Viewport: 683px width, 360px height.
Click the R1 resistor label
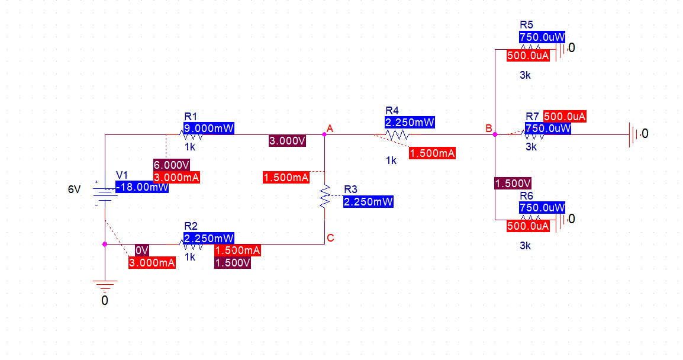[191, 116]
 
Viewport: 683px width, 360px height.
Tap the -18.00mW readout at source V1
[142, 187]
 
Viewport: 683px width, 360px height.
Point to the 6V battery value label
[74, 189]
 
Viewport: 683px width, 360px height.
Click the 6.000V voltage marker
[171, 165]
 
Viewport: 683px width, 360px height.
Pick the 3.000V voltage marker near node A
[287, 141]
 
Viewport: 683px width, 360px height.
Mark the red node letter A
[330, 128]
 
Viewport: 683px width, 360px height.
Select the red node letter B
[488, 128]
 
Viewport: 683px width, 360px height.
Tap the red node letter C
[330, 238]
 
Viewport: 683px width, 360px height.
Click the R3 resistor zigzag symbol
[324, 197]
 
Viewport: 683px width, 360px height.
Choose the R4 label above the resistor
[392, 111]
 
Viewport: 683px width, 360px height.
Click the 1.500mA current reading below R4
[432, 153]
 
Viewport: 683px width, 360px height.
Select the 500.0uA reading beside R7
[565, 117]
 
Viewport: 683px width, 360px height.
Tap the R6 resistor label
[526, 196]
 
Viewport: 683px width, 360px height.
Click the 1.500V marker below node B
[513, 183]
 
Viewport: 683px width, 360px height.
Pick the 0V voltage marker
[141, 250]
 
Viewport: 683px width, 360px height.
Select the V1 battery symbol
[104, 194]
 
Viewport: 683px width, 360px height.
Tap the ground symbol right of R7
[634, 134]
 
